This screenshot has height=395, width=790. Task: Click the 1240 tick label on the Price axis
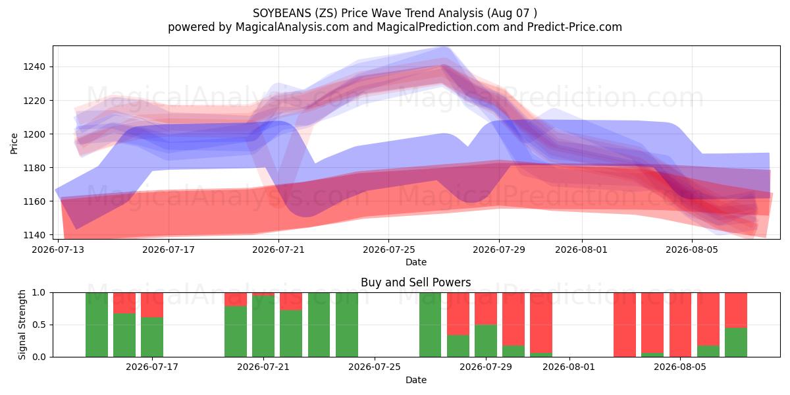click(x=34, y=66)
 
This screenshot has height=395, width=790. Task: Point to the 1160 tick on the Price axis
click(x=34, y=201)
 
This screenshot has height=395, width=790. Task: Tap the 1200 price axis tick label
click(x=34, y=134)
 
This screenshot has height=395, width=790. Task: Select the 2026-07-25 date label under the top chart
click(x=389, y=250)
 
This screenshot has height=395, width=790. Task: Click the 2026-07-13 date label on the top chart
click(x=58, y=250)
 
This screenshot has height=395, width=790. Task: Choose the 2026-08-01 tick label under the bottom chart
click(x=569, y=367)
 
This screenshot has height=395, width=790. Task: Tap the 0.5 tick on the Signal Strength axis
click(x=39, y=325)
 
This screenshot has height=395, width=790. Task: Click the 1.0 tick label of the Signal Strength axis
click(x=39, y=292)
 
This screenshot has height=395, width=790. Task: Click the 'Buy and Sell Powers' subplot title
click(x=416, y=282)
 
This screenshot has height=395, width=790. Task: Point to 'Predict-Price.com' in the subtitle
click(x=575, y=27)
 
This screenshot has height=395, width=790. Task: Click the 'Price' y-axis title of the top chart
click(x=14, y=144)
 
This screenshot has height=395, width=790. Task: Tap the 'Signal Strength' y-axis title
click(x=22, y=325)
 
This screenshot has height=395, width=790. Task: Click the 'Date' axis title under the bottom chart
click(x=416, y=380)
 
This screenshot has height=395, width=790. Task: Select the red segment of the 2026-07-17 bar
click(x=152, y=305)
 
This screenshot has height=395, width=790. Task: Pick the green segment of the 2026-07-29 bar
click(x=486, y=341)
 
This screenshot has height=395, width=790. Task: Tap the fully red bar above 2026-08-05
click(x=680, y=325)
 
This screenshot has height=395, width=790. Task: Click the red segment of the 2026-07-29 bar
click(x=486, y=309)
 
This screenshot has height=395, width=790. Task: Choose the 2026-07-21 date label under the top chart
click(x=278, y=250)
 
